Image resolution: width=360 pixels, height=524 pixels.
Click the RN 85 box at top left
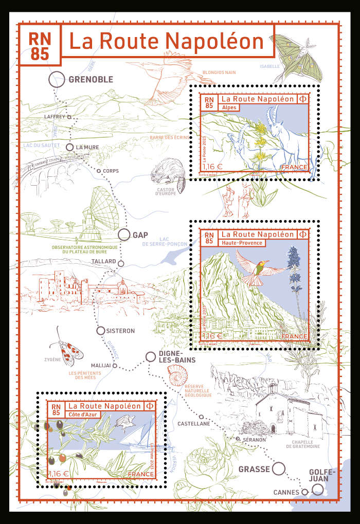click(40, 45)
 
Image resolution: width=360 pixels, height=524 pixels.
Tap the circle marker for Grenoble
click(57, 79)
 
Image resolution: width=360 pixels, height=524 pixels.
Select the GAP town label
click(140, 235)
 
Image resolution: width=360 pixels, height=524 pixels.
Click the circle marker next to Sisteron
click(101, 331)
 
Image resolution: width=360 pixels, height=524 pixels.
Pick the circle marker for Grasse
click(278, 468)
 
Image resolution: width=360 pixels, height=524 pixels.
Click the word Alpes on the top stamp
click(226, 107)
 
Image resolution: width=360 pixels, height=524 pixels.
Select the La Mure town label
click(87, 147)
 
